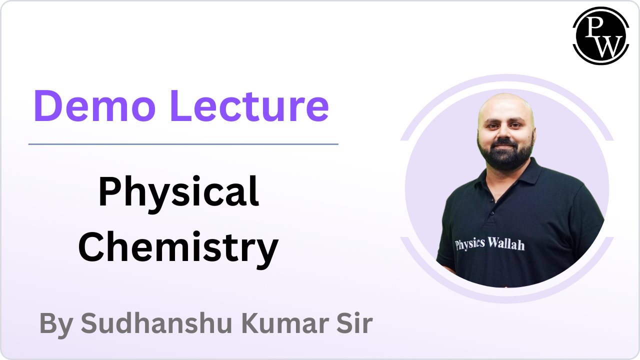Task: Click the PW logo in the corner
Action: click(x=601, y=35)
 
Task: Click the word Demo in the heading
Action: click(x=95, y=105)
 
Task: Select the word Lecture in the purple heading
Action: click(x=249, y=105)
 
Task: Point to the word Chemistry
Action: click(x=178, y=249)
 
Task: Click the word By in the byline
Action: click(x=56, y=325)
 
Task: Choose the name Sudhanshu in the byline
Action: click(x=156, y=323)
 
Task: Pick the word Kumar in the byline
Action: click(x=285, y=323)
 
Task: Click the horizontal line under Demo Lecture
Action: click(x=183, y=144)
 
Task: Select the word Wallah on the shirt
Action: click(x=506, y=243)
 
